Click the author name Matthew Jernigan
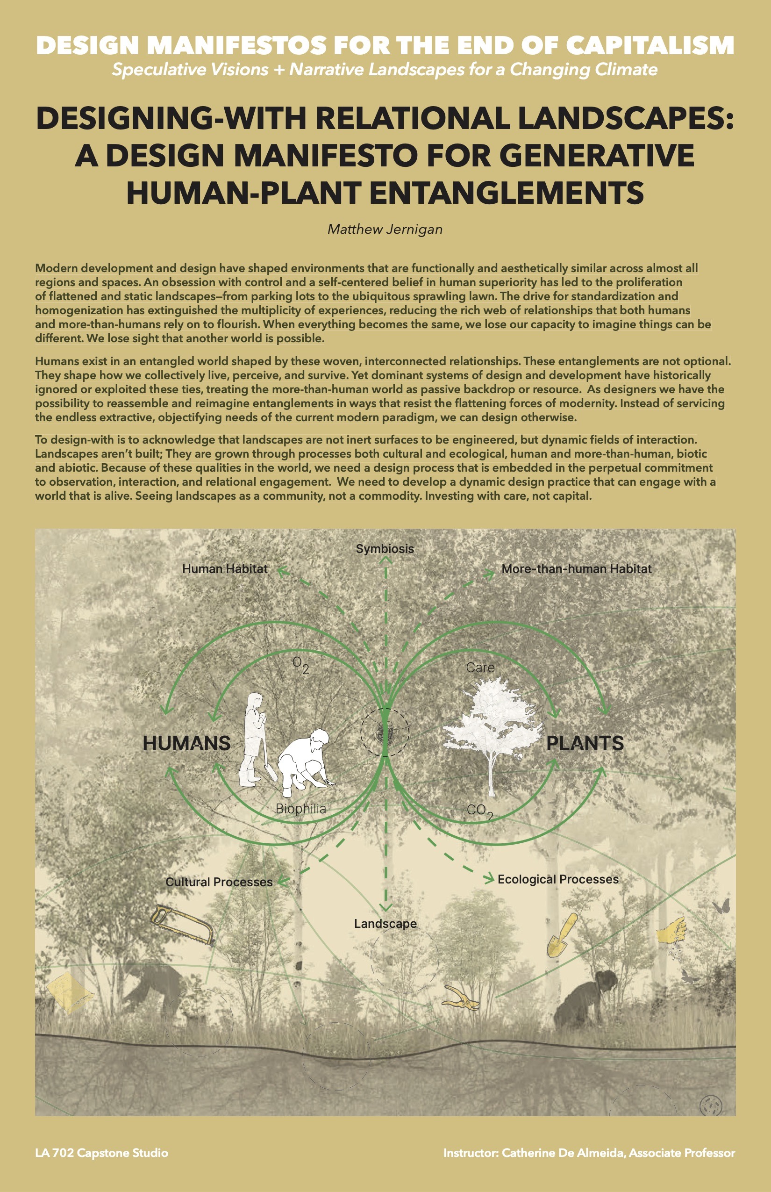click(385, 230)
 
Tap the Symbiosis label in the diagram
click(385, 549)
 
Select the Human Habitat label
click(225, 569)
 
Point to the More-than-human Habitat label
click(576, 569)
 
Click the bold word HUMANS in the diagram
click(186, 743)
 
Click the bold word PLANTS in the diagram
click(585, 743)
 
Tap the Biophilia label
click(300, 809)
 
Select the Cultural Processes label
click(219, 882)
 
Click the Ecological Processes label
click(558, 879)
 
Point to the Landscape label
click(385, 924)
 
